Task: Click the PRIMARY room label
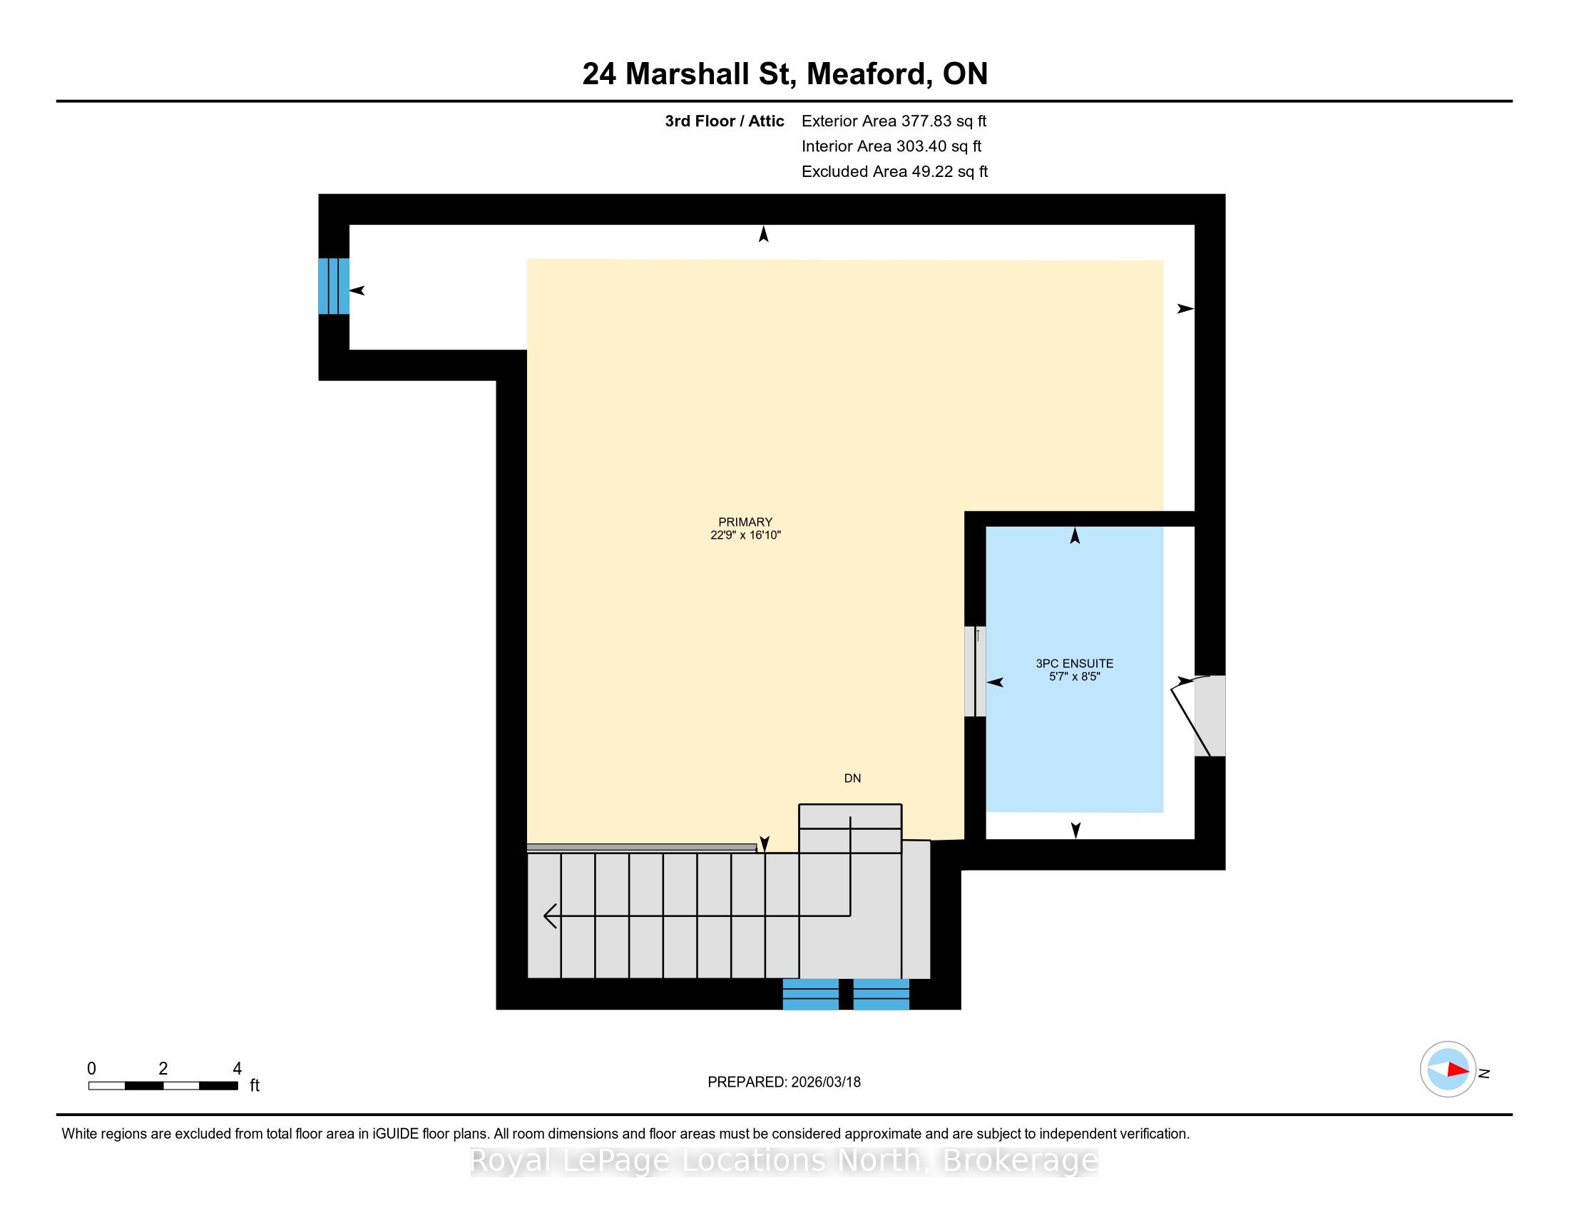tap(745, 522)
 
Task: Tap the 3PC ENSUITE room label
tap(1074, 664)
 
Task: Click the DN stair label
tap(852, 778)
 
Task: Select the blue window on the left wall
tap(334, 286)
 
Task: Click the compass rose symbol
tap(1448, 1070)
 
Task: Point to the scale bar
tap(163, 1086)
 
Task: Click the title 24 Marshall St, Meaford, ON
tap(784, 73)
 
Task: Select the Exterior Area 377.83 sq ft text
tap(894, 121)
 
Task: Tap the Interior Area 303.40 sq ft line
tap(891, 146)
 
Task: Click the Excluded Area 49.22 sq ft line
tap(894, 171)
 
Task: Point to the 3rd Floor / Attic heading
tap(724, 121)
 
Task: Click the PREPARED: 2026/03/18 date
tap(784, 1082)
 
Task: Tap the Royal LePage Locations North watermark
tap(784, 1159)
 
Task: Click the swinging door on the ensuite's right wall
tap(1198, 716)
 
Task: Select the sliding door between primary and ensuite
tap(975, 671)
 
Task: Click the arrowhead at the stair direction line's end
tap(551, 915)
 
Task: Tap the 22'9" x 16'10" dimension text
tap(745, 534)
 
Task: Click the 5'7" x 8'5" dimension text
tap(1074, 676)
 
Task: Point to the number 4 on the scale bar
tap(237, 1069)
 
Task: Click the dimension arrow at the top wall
tap(764, 233)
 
